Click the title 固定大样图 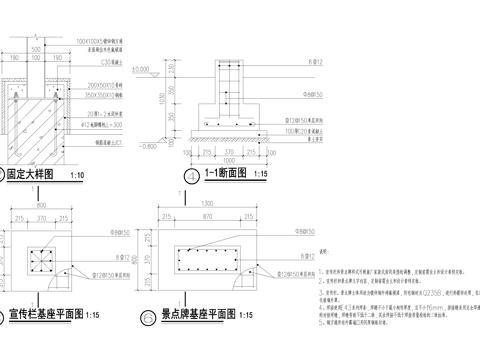33,174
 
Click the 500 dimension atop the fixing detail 37,48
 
